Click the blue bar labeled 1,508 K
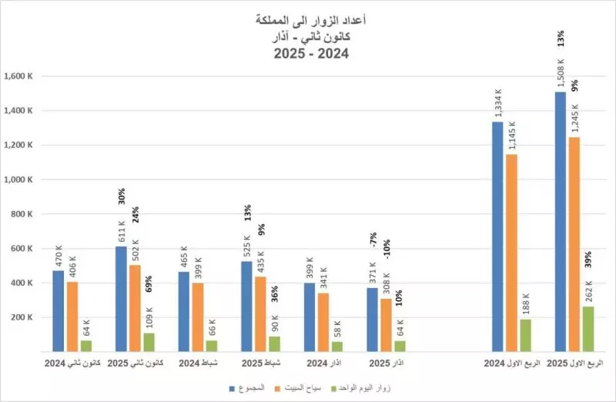[560, 222]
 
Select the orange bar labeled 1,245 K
[574, 244]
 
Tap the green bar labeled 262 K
[588, 329]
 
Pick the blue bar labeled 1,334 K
[497, 236]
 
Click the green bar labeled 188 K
[525, 335]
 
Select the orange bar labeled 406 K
[72, 317]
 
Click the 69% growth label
[149, 284]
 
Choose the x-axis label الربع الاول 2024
[511, 362]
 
